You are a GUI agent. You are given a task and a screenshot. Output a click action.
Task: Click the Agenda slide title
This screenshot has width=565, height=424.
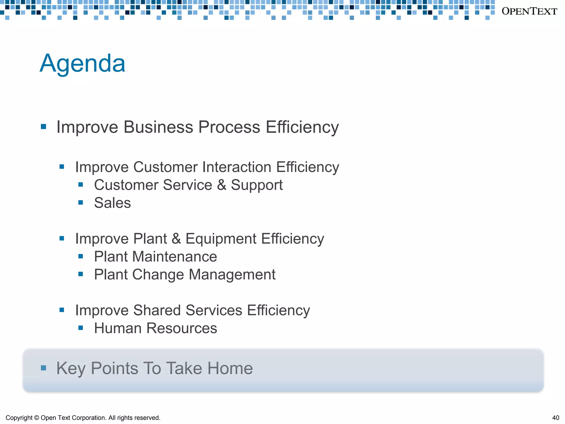(82, 63)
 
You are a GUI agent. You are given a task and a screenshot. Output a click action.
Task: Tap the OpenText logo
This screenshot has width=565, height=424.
(529, 11)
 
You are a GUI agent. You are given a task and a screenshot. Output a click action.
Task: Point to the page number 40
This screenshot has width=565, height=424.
(556, 418)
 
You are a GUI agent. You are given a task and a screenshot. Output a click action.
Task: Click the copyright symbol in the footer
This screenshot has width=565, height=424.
(37, 418)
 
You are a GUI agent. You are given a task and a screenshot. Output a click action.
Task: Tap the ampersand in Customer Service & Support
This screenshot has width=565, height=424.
(222, 185)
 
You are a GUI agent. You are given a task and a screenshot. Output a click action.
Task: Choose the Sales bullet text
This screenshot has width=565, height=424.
(112, 203)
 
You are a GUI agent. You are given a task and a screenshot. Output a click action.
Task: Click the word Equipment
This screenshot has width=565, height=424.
(221, 239)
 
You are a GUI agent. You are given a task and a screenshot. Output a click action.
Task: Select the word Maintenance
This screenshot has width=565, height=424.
(175, 257)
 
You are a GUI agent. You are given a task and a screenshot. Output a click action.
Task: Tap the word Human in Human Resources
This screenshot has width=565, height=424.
(118, 328)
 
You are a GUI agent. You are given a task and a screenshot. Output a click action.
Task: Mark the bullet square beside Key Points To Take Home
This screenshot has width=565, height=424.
(43, 368)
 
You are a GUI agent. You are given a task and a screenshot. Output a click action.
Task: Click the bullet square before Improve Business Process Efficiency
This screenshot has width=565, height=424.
(43, 127)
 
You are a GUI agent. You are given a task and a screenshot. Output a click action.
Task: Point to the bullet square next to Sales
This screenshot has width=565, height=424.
(81, 203)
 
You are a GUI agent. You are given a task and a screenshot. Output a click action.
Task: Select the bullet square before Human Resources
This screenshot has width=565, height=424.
(81, 328)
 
